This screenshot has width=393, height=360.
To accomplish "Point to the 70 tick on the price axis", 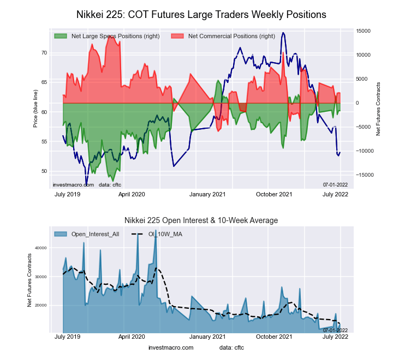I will [x=44, y=53].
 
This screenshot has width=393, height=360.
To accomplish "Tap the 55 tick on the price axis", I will [x=44, y=142].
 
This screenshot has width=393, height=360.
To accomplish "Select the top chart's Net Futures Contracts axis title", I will [x=378, y=109].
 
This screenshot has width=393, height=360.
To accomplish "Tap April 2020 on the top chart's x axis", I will [x=132, y=194].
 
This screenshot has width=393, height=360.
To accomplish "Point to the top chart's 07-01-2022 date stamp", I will [x=335, y=185].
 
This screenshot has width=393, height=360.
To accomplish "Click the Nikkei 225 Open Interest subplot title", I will [x=201, y=220].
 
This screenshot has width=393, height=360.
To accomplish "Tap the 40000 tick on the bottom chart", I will [x=40, y=248].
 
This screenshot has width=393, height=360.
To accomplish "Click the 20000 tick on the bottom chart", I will [x=40, y=305].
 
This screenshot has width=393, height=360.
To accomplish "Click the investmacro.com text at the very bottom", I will [x=170, y=347].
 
